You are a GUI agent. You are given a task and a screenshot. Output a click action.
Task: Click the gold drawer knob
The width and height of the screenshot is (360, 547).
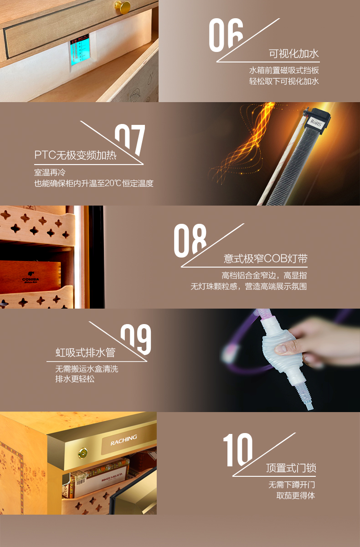122,6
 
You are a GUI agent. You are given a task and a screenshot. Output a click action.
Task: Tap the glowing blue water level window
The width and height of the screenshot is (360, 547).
79,51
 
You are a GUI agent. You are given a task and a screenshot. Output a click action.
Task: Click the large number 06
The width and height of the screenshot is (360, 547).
226,35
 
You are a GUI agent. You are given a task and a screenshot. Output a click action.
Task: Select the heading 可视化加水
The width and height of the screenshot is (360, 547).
294,54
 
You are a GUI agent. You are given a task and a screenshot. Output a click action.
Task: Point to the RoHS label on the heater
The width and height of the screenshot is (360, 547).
316,122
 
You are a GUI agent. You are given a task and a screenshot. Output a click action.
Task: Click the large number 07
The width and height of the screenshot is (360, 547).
130,139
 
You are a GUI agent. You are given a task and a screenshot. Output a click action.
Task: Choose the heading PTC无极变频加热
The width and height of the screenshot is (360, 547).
75,155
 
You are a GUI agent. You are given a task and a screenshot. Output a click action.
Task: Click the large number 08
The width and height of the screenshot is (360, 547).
190,241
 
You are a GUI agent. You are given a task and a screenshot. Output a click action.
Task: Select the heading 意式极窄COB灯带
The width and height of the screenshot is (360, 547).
266,258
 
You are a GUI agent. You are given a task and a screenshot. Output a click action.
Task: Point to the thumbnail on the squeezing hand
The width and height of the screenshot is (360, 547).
281,348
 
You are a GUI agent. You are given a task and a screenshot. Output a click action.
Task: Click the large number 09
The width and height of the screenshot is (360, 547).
136,340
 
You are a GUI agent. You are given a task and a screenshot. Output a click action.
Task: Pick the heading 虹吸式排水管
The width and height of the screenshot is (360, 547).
85,353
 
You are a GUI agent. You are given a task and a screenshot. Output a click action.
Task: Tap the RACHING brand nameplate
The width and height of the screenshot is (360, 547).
123,440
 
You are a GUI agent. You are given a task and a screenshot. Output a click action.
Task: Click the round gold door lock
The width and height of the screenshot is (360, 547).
83,454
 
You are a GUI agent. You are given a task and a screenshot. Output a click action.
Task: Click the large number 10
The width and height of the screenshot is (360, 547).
238,450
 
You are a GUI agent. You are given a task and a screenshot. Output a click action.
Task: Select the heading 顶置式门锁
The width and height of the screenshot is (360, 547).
291,468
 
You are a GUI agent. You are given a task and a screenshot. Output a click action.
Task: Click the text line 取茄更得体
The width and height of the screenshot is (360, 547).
296,495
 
